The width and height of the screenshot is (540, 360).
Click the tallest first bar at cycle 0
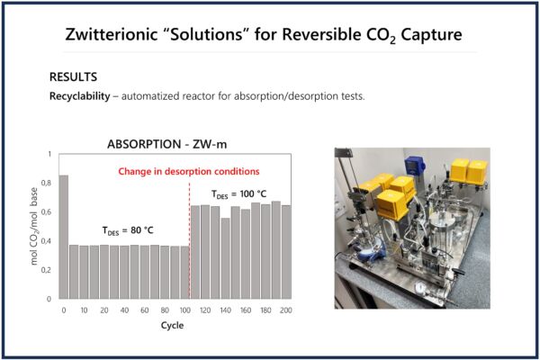tap(64, 237)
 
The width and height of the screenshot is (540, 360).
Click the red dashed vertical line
tap(189, 240)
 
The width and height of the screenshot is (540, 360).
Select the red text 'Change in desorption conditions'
tap(189, 171)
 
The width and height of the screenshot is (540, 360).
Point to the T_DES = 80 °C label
tap(128, 230)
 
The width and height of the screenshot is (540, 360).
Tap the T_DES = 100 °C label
tap(239, 194)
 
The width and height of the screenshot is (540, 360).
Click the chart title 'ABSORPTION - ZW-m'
tap(167, 144)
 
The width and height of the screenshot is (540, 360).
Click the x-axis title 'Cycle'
tap(172, 325)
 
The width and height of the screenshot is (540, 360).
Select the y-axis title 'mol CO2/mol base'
tap(34, 226)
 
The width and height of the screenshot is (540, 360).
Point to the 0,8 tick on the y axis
tap(46, 183)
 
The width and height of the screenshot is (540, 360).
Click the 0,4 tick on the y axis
tap(46, 241)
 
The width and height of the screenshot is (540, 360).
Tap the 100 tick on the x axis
tap(184, 310)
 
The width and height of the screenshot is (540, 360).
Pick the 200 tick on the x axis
tap(286, 310)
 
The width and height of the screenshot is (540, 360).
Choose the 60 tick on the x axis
tap(145, 310)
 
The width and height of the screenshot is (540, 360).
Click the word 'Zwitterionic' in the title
tap(112, 34)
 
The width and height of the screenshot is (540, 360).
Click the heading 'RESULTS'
tap(74, 76)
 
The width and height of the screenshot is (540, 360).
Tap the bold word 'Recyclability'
tap(80, 96)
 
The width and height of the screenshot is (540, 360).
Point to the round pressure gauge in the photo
tap(420, 288)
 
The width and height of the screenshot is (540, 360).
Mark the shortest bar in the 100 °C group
tap(225, 258)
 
